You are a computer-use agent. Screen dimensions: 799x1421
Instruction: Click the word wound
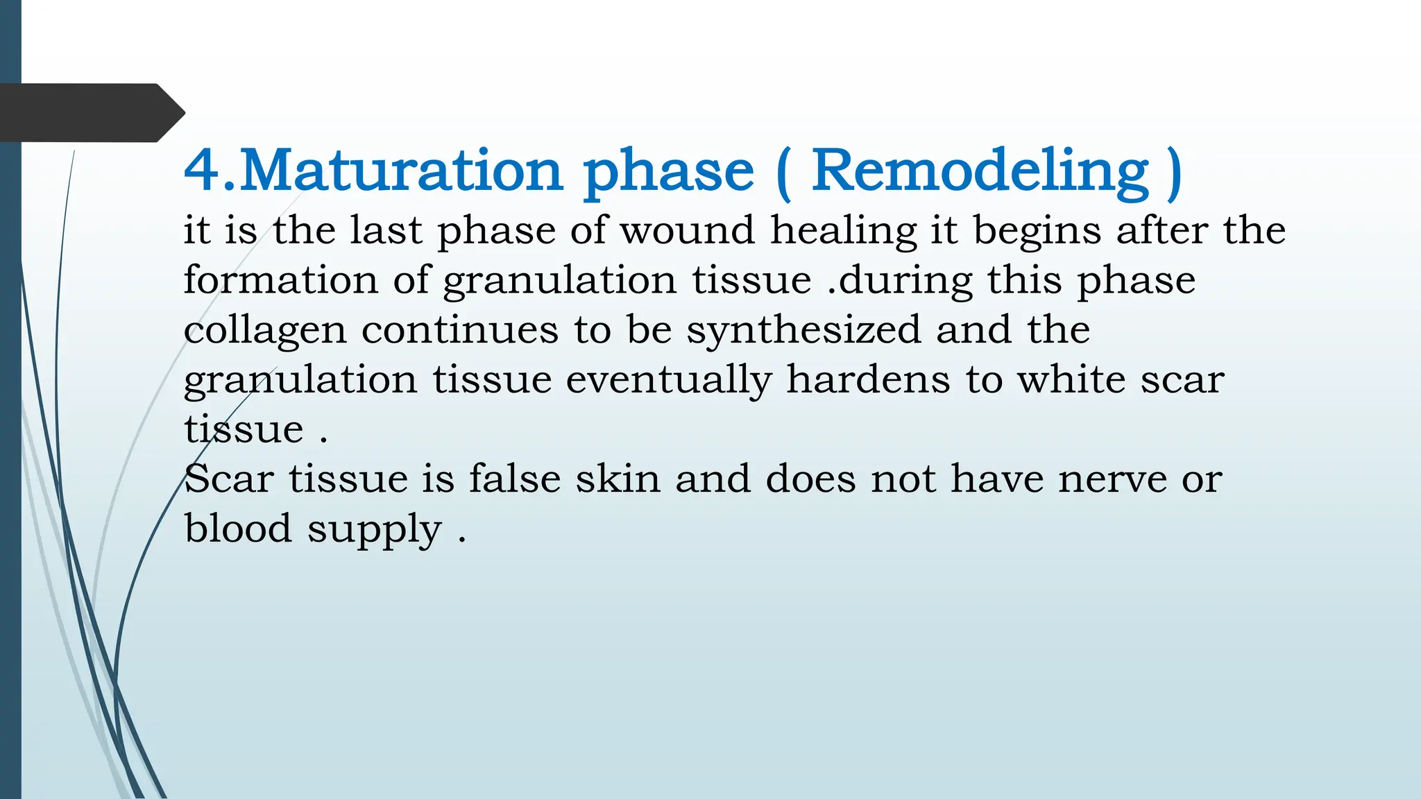click(686, 230)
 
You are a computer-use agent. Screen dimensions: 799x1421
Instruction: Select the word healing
click(842, 232)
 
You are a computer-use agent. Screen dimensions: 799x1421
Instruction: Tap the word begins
click(1037, 232)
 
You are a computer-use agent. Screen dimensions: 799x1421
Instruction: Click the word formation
click(280, 280)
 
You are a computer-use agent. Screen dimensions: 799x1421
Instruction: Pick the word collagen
click(264, 331)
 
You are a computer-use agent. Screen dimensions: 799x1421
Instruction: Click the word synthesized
click(803, 331)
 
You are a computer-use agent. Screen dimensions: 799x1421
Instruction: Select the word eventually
click(668, 381)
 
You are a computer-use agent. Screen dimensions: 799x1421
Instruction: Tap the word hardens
click(867, 379)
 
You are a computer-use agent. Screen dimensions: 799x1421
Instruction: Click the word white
click(1071, 379)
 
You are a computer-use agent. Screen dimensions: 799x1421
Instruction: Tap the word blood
click(237, 529)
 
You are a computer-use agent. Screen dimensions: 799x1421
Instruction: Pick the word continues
click(459, 330)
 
